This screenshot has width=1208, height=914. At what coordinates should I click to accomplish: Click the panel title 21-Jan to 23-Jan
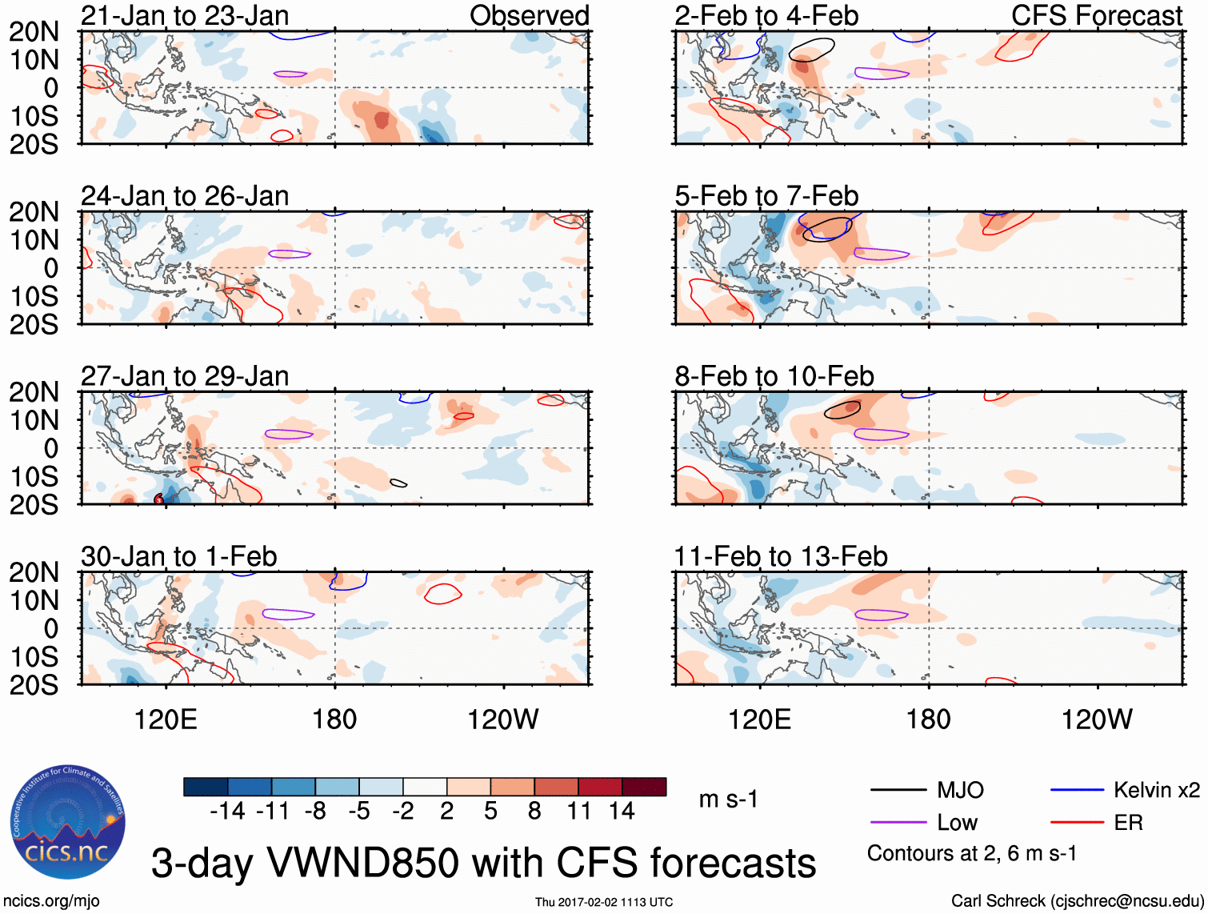click(185, 16)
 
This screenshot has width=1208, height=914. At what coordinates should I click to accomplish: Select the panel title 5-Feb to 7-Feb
click(766, 196)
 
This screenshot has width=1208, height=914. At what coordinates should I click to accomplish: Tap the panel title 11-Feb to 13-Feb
click(781, 556)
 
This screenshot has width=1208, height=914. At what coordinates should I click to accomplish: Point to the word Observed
click(530, 16)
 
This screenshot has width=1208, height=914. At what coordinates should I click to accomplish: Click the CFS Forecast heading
click(1097, 16)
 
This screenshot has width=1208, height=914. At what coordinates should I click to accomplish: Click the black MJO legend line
click(898, 791)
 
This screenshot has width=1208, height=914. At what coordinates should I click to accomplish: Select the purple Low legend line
click(898, 823)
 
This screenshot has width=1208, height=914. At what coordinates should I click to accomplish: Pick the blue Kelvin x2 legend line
click(1077, 791)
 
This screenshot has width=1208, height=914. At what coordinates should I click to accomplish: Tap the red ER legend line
click(1077, 823)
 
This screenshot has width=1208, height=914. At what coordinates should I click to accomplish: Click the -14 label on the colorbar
click(227, 812)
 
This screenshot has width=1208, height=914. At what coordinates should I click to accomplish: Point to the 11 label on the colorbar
click(578, 812)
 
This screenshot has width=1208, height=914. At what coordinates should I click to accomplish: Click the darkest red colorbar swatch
click(644, 787)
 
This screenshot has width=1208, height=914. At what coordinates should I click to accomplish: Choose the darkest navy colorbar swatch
click(206, 787)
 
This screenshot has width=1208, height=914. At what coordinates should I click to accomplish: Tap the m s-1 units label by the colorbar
click(728, 800)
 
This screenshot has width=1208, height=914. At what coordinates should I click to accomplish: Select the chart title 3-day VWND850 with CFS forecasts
click(483, 864)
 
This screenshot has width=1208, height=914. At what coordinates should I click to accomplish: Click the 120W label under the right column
click(1097, 720)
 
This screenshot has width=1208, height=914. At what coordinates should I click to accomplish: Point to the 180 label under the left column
click(334, 720)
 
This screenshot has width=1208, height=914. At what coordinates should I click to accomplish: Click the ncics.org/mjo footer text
click(51, 901)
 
